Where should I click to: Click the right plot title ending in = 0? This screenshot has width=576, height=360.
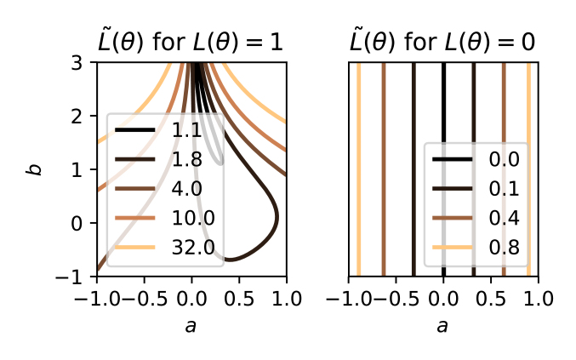click(x=443, y=42)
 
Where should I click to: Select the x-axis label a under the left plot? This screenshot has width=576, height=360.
click(x=191, y=326)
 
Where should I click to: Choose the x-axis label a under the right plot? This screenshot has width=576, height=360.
click(x=443, y=326)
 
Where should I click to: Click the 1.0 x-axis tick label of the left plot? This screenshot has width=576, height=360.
click(x=284, y=299)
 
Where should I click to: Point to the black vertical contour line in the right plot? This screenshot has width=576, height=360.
click(x=443, y=102)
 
